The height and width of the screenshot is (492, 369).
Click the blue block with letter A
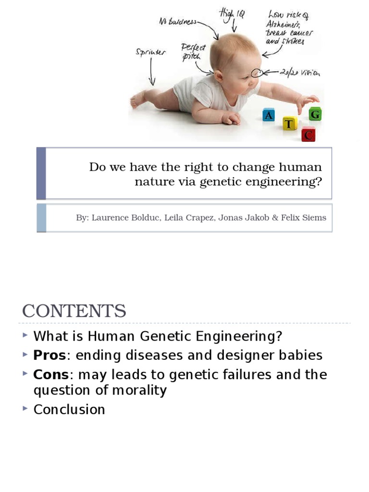click(269, 115)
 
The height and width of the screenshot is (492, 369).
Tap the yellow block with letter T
click(289, 124)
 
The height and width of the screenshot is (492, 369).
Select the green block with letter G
click(315, 114)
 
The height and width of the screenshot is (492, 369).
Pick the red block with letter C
click(308, 135)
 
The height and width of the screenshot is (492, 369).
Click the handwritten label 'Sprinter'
click(150, 53)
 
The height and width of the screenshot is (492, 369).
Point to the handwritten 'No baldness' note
click(178, 22)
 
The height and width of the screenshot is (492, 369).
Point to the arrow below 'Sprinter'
click(152, 74)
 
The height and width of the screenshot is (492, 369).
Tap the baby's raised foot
click(138, 99)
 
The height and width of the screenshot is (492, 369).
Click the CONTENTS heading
click(74, 311)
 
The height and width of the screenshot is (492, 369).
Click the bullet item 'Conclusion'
click(69, 410)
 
